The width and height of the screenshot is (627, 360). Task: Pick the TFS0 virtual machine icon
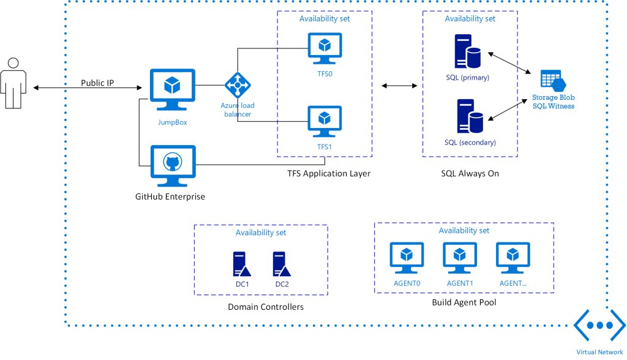click(325, 48)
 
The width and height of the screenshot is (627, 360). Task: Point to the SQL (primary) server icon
click(467, 53)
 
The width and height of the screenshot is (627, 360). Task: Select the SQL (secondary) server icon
click(467, 117)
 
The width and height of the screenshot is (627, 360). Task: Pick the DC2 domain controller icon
click(282, 264)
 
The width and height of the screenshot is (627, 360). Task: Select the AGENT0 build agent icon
click(407, 259)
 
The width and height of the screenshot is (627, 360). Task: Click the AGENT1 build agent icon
click(460, 259)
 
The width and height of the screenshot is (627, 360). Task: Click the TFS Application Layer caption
click(329, 174)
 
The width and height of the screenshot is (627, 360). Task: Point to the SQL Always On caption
click(470, 174)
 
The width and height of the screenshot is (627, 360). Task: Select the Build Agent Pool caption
click(464, 302)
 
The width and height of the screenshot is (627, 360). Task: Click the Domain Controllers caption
click(265, 307)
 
